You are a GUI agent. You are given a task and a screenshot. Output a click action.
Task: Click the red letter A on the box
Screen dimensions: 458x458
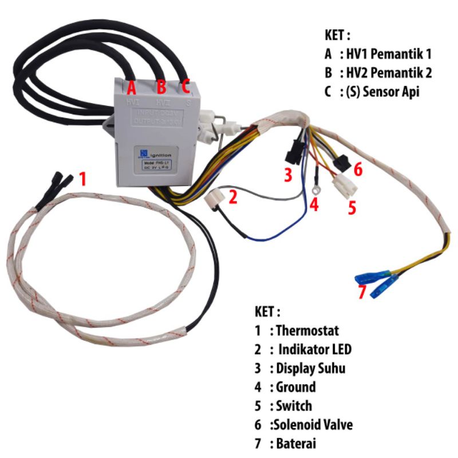point(131,88)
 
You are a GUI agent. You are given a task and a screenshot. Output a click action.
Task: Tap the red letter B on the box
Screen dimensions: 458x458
point(161,88)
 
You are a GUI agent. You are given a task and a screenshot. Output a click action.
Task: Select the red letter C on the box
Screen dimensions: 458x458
point(185,87)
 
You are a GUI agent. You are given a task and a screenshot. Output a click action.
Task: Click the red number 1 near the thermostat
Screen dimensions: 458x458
point(82,179)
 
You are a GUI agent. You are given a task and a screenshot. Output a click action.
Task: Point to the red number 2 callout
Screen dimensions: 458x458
point(232,198)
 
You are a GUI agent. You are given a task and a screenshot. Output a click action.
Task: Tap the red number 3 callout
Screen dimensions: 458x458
point(289,175)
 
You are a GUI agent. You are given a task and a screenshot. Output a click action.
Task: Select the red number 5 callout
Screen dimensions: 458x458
point(352,207)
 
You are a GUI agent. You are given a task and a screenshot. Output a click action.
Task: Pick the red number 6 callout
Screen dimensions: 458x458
point(358,169)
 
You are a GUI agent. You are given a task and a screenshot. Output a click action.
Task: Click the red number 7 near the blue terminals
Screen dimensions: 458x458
point(361,292)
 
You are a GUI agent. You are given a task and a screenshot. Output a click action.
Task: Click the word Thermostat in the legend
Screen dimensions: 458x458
point(307,331)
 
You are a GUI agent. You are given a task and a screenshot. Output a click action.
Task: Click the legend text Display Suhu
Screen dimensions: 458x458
point(310,368)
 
